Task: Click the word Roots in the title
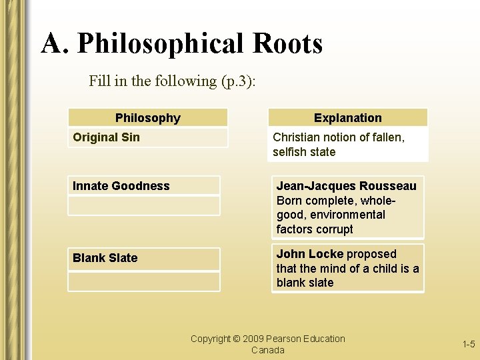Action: [x=287, y=44]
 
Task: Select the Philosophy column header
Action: [x=148, y=118]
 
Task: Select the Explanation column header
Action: [x=348, y=118]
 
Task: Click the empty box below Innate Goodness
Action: [x=143, y=205]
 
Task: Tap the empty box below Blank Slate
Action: [x=143, y=281]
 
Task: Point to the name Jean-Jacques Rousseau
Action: [x=346, y=186]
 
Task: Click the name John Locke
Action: [x=309, y=254]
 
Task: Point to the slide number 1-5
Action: [x=469, y=344]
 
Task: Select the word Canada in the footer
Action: [x=268, y=350]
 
